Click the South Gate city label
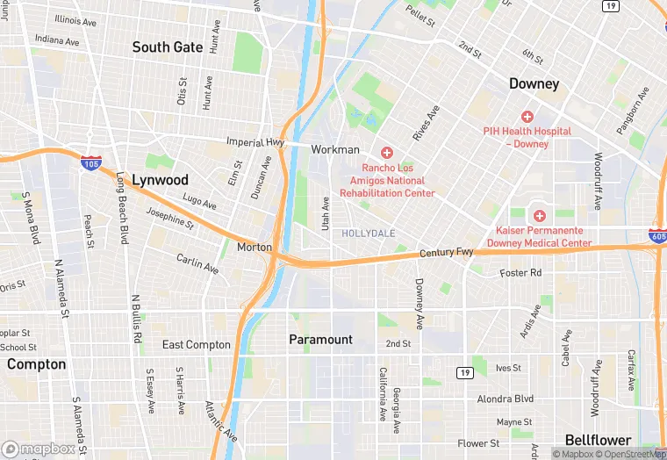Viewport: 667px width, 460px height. (x=168, y=47)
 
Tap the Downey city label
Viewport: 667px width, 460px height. (x=534, y=83)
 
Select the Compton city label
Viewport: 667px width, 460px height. (x=36, y=363)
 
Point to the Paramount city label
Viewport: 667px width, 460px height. (x=321, y=339)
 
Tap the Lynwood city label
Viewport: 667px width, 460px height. (x=160, y=179)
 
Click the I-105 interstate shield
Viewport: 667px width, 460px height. (x=90, y=162)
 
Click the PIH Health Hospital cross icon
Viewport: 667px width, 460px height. (x=527, y=117)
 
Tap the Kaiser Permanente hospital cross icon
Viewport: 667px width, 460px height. (x=539, y=215)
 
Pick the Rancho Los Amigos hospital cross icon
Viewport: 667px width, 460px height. (x=387, y=154)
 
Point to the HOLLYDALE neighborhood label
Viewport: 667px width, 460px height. (x=369, y=234)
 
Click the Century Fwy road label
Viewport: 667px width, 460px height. (x=446, y=253)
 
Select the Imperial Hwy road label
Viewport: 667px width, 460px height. (x=255, y=142)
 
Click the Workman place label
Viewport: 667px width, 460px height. (x=335, y=150)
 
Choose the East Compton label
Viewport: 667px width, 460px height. (x=197, y=345)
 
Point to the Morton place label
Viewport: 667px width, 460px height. (x=255, y=248)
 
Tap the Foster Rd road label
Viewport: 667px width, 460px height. (x=520, y=273)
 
